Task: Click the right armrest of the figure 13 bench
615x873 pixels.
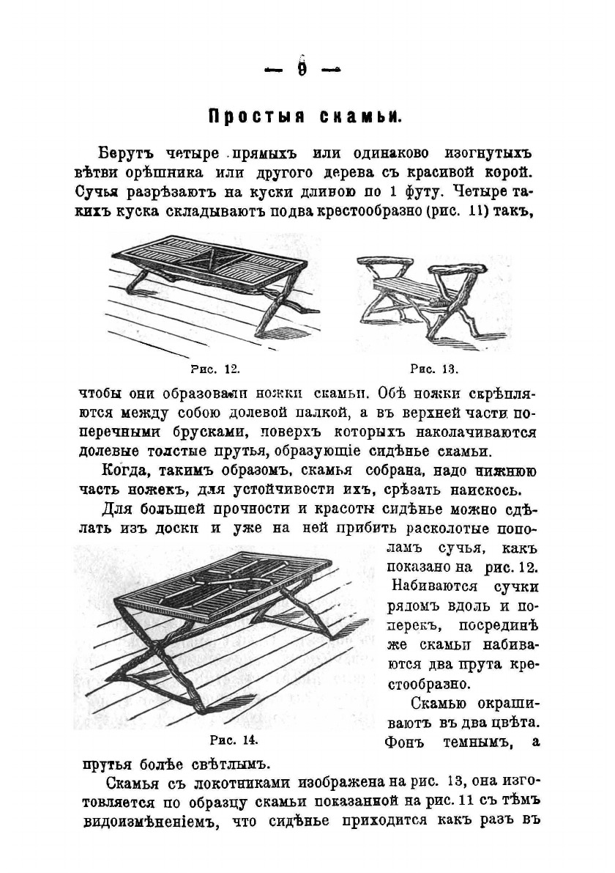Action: pos(472,263)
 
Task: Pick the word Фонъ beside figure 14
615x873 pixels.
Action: pos(404,742)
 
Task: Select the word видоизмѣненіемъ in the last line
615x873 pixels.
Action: pos(152,819)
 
